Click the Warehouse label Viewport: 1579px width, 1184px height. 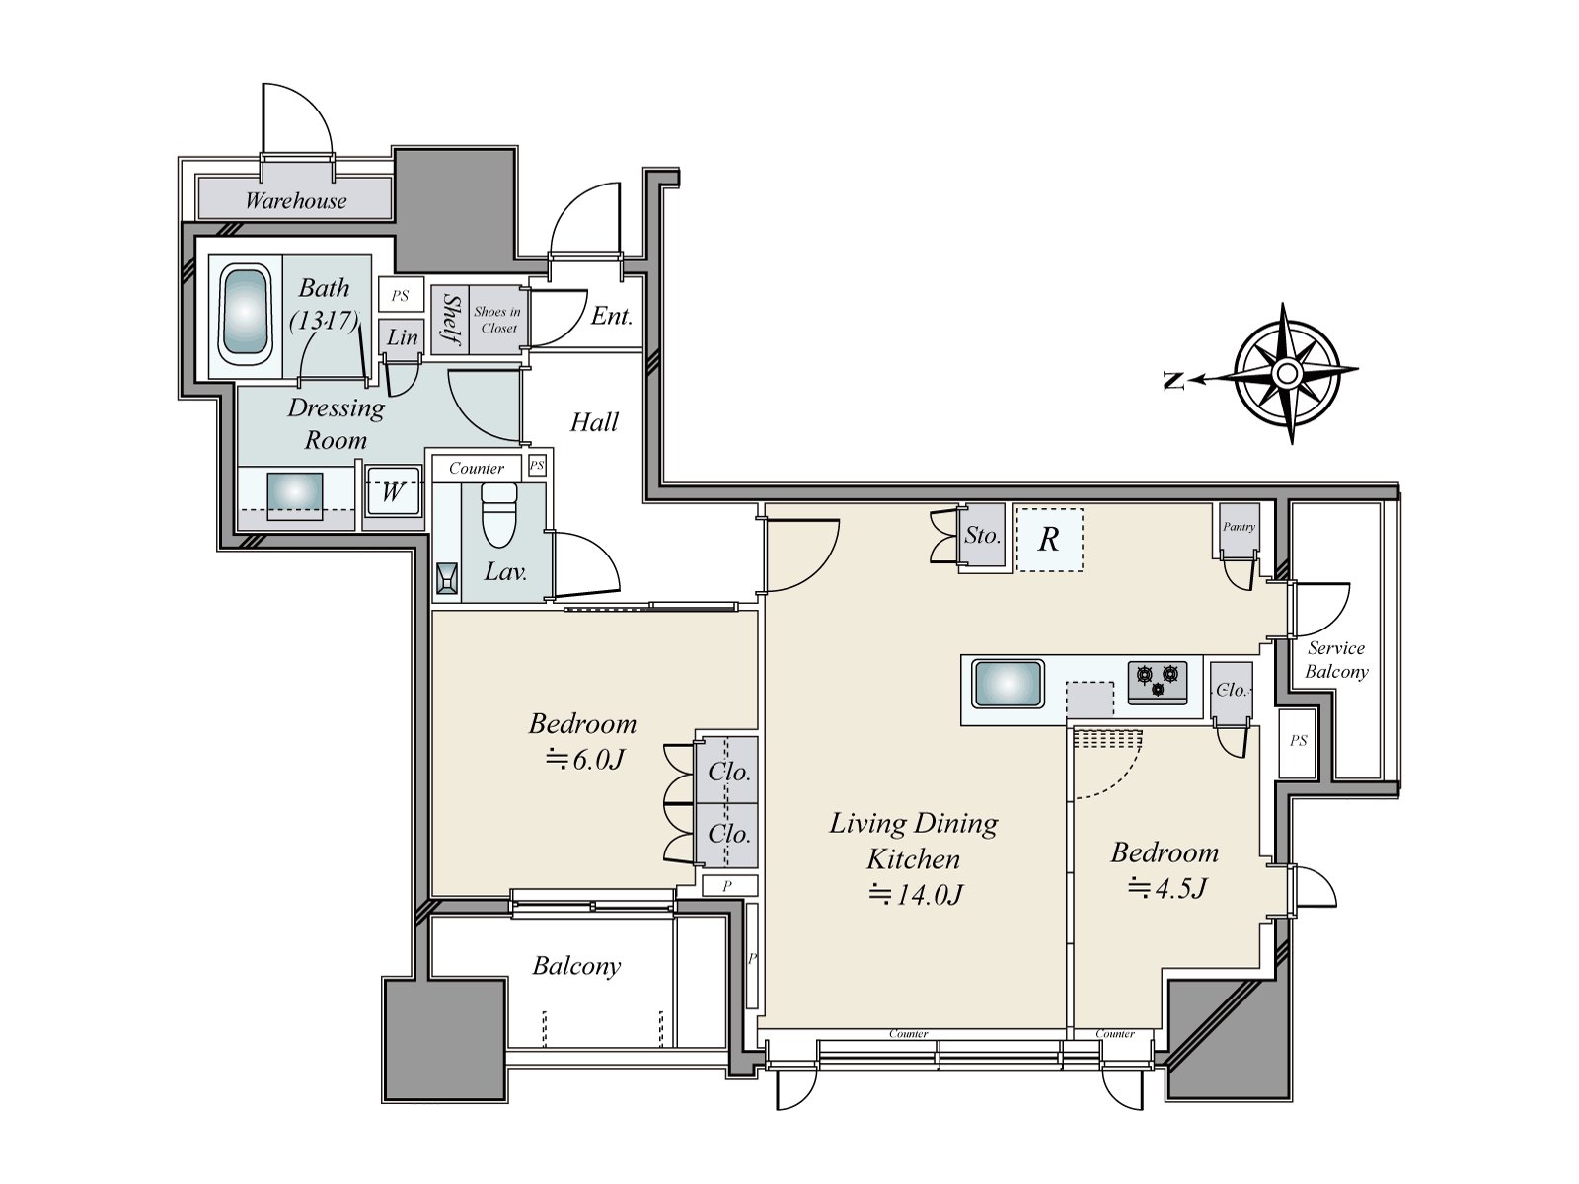coord(296,200)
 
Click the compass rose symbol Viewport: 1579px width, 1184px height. coord(1287,373)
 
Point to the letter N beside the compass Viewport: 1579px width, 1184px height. coord(1173,380)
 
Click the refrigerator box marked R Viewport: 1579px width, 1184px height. coord(1049,539)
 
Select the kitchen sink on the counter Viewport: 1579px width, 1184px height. coord(1008,684)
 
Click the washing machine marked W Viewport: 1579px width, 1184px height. coord(392,491)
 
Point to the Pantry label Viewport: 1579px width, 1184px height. coord(1239,526)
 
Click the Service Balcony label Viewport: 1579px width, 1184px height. coord(1336,660)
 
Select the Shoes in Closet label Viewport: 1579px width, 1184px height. coord(497,320)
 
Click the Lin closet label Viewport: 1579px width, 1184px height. coord(402,337)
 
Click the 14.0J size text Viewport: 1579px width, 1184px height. coord(915,894)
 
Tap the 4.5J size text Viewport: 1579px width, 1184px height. coord(1166,889)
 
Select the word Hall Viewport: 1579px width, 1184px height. coord(594,422)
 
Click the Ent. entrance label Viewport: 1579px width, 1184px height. coord(612,316)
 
